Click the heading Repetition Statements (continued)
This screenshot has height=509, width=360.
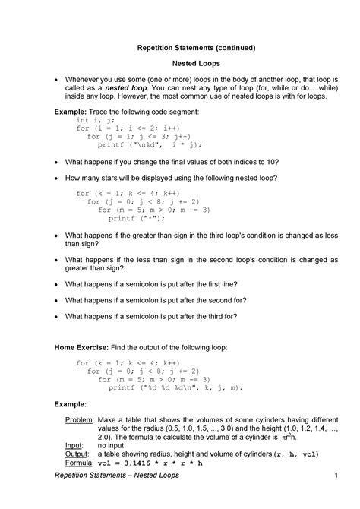pos(180,47)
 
